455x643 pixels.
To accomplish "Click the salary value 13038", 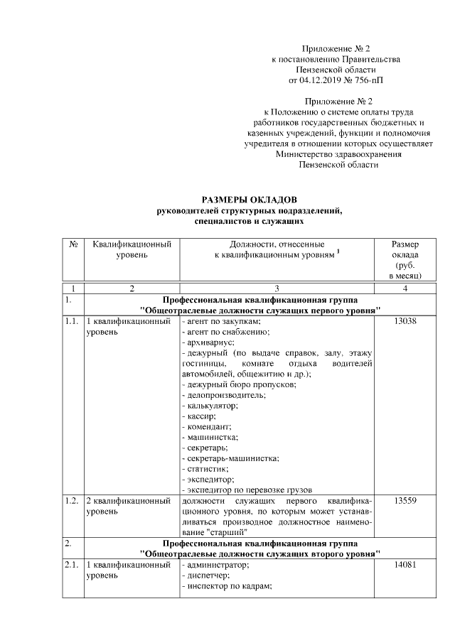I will pos(405,322).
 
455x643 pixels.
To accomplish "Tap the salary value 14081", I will pos(405,565).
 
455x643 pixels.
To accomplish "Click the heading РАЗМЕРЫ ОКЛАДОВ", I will pos(249,200).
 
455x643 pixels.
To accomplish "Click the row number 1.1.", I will pos(71,322).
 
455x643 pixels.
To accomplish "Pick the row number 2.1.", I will pos(71,565).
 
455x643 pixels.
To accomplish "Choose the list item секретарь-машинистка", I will pos(230,459).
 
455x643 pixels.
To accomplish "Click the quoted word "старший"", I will pos(227,532).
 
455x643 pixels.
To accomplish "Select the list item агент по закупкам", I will pos(214,322).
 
